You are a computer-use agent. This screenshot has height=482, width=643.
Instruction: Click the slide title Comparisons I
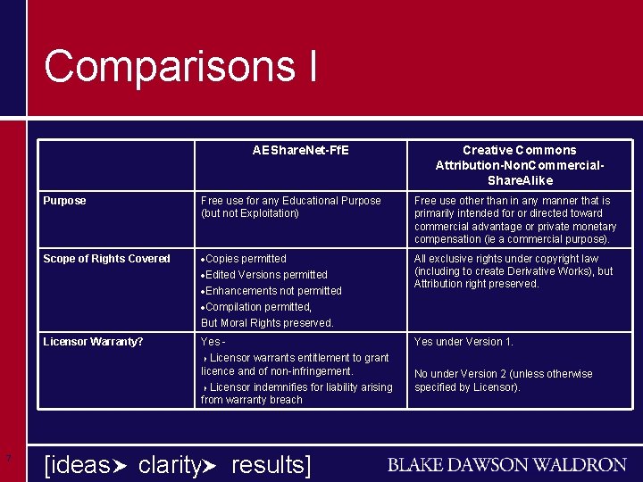180,67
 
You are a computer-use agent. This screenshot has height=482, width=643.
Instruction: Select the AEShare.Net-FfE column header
301,150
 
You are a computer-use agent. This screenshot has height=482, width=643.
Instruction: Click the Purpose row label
65,201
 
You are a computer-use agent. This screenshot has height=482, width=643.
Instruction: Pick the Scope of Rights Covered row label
106,259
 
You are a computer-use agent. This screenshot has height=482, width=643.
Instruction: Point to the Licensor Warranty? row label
93,342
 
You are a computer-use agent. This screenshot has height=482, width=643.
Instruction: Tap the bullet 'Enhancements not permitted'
273,291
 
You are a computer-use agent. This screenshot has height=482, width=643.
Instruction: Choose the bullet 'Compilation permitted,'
258,307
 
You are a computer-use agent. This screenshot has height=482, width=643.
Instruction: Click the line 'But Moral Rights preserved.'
267,323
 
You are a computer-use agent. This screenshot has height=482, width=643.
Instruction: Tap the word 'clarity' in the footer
171,465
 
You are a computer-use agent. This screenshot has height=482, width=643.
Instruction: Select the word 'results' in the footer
267,465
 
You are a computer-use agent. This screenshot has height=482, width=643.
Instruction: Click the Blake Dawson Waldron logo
506,465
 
